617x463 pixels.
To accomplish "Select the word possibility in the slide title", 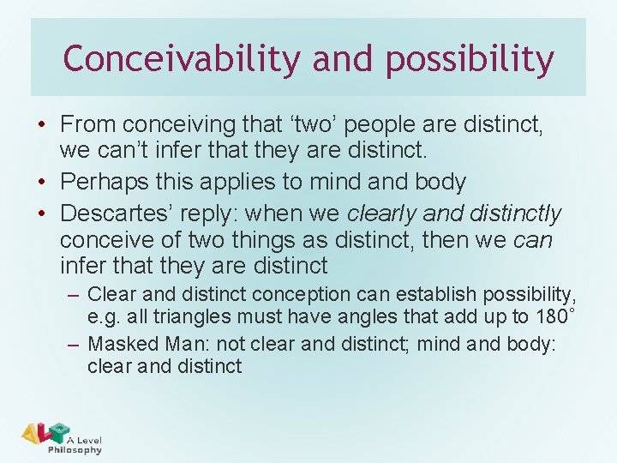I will (470, 59).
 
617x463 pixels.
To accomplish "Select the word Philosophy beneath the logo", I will (75, 450).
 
